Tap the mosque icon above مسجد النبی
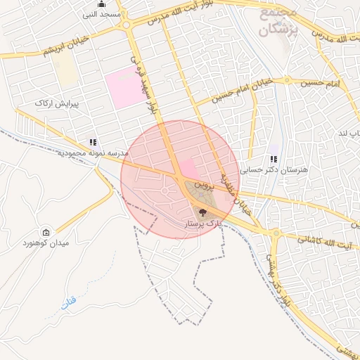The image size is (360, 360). click(102, 4)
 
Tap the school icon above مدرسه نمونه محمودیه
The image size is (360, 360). click(94, 142)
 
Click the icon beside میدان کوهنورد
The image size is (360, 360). click(46, 233)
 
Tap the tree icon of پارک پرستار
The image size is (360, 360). click(202, 212)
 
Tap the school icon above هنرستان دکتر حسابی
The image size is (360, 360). click(274, 160)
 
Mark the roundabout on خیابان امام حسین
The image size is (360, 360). click(287, 79)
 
